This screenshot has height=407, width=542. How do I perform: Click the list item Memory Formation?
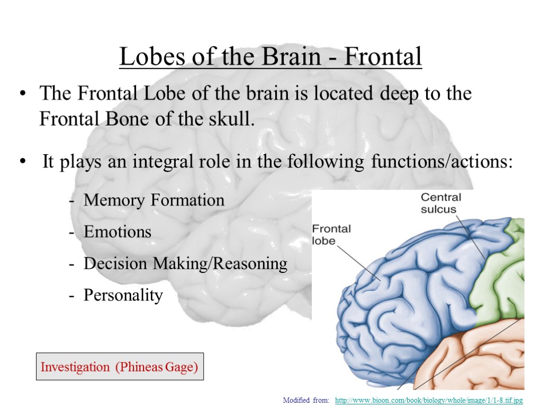coord(154,200)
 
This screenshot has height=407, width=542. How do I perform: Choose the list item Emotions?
coord(118,232)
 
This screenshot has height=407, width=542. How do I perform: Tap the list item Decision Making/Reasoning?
coord(185,263)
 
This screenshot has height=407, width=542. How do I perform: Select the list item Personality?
coord(123,295)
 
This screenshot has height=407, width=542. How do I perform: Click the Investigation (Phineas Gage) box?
coord(120,367)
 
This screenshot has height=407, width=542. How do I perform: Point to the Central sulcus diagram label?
coord(440,203)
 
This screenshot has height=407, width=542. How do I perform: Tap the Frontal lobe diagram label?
coord(331,234)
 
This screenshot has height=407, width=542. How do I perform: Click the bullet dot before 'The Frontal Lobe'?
coord(22,95)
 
